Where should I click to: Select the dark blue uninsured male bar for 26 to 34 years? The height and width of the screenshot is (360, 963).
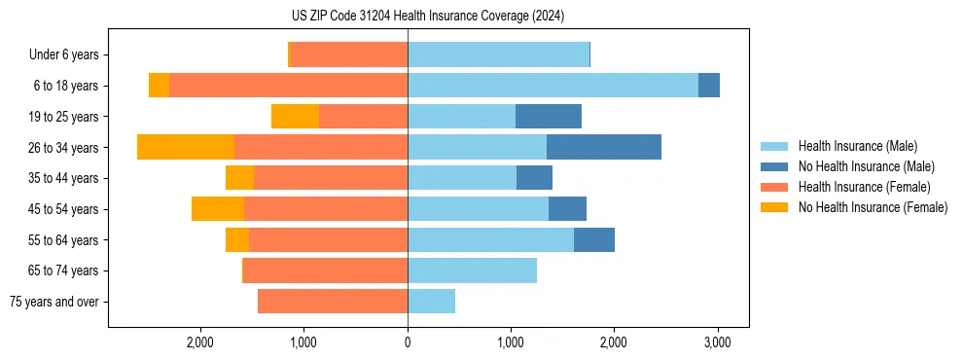(603, 147)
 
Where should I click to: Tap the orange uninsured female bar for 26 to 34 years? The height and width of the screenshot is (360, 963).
(186, 147)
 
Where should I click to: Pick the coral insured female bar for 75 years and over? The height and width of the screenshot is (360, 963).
(333, 302)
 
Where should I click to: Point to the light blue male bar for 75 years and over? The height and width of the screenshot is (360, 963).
(431, 302)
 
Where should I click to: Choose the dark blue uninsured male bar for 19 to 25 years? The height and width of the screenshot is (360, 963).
(548, 117)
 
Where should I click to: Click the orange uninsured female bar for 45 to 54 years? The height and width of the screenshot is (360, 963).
(218, 209)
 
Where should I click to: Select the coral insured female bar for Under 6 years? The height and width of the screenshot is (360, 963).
(349, 54)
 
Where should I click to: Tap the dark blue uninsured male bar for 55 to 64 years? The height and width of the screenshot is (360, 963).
(593, 240)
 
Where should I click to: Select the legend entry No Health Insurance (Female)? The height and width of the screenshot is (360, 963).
(873, 207)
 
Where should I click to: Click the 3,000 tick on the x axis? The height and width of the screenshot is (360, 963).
(717, 342)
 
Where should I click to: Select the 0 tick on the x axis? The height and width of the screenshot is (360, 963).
(408, 342)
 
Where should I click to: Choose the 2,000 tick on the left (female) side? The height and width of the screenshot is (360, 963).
(200, 342)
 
